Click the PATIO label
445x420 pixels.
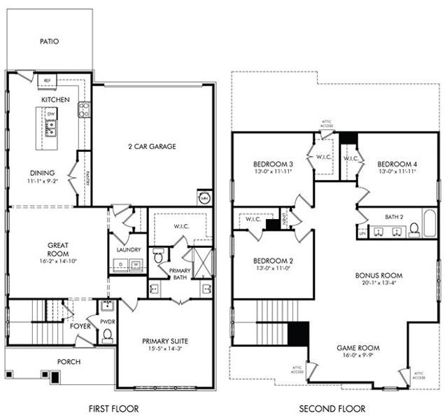tap(49, 41)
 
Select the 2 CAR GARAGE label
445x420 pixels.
tap(151, 147)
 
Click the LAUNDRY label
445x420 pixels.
tap(129, 249)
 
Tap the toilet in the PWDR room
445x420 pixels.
tap(107, 334)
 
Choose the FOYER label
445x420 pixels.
tap(80, 325)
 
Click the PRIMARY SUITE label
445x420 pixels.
tap(165, 341)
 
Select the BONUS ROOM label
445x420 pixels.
tap(379, 276)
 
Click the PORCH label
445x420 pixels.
tap(69, 362)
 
